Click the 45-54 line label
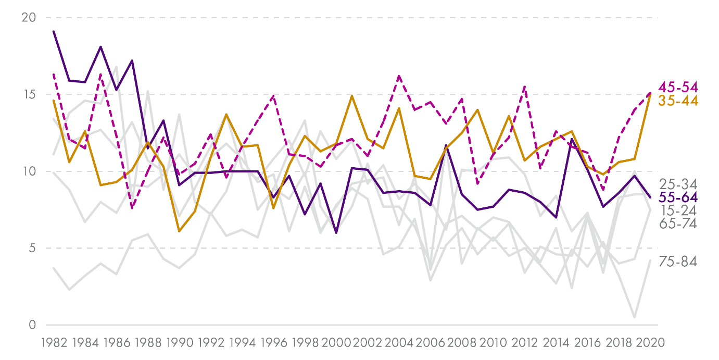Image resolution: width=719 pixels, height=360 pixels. pos(678,87)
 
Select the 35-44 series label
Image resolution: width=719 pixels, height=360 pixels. pos(678,101)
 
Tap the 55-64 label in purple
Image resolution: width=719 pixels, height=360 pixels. pos(678,197)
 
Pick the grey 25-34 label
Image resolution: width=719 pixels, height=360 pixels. pos(678,184)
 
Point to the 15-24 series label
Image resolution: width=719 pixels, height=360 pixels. pos(678,210)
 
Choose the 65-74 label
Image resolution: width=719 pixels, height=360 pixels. pos(678,224)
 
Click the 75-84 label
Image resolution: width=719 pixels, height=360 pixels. pos(678,262)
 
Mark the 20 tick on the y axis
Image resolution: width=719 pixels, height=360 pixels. pos(29,18)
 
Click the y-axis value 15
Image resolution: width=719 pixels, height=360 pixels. pos(29,95)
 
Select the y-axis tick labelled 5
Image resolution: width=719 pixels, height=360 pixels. pos(32,249)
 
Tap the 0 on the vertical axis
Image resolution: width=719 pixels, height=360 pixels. pos(32,325)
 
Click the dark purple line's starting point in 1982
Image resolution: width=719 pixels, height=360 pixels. pos(54,31)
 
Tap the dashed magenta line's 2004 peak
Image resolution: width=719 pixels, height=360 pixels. pos(399,76)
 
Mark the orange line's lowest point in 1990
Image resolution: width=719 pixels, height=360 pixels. pos(179,231)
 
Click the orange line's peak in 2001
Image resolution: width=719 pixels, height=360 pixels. pos(352,96)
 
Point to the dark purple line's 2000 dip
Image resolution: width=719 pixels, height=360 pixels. pos(336,233)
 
